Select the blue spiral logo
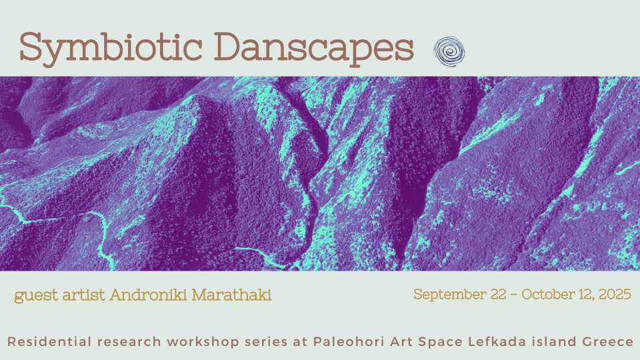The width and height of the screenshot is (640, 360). [449, 51]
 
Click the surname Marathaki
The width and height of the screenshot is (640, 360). [231, 295]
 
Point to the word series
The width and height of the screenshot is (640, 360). [257, 342]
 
